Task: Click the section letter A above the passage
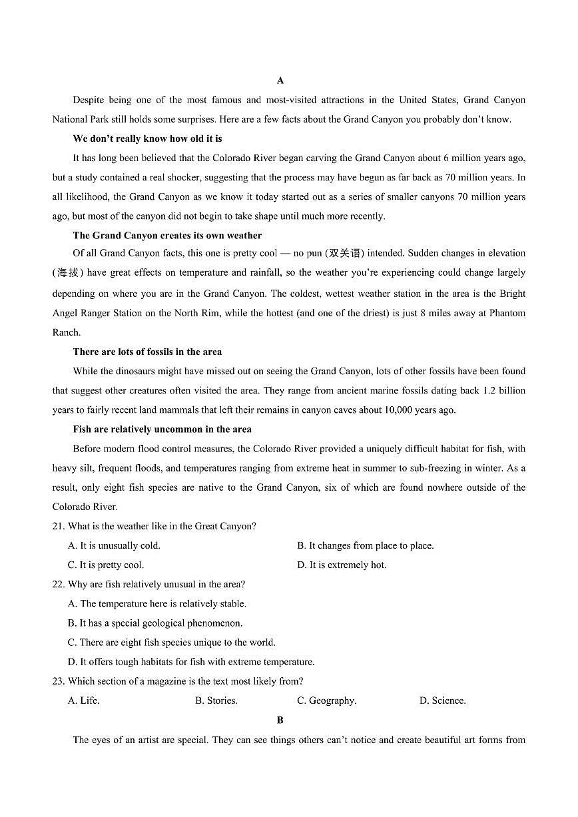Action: [280, 81]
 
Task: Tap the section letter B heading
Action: [280, 720]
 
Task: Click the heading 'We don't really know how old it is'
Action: [147, 138]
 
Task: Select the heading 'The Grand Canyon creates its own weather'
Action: [167, 235]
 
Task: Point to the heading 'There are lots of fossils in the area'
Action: [147, 352]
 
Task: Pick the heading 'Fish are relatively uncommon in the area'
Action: [162, 429]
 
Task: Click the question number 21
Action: [58, 526]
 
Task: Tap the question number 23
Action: [58, 681]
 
